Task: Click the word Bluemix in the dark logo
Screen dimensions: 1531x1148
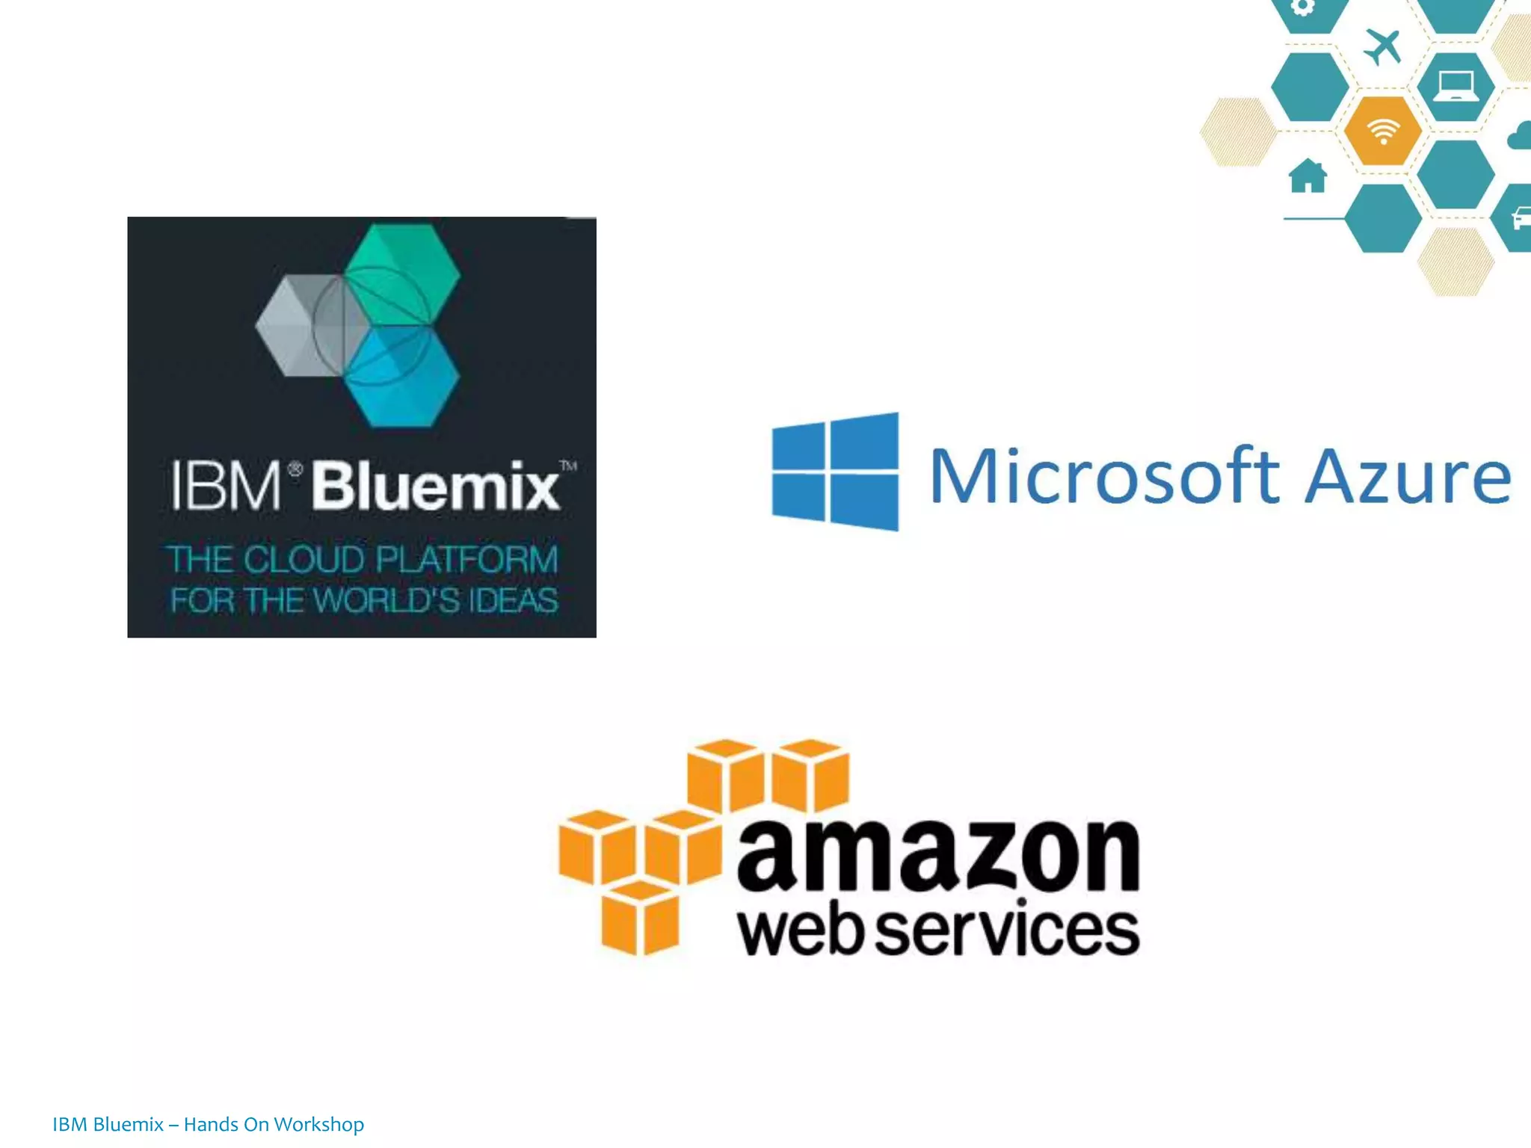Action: coord(435,487)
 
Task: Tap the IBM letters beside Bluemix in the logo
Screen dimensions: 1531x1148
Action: coord(226,487)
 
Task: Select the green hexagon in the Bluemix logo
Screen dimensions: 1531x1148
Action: coord(404,273)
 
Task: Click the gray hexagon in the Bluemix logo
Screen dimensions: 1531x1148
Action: coord(298,327)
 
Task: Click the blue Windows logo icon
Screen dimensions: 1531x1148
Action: coord(835,472)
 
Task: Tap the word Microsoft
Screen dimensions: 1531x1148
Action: coord(1104,476)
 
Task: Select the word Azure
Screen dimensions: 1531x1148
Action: coord(1408,476)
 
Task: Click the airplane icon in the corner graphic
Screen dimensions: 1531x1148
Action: coord(1382,47)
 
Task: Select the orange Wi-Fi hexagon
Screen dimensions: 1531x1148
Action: coord(1382,131)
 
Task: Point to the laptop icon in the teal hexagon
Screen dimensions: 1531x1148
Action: coord(1455,86)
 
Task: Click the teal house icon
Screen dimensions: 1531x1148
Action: coord(1307,176)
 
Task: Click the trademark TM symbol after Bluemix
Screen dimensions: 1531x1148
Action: coord(568,466)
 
